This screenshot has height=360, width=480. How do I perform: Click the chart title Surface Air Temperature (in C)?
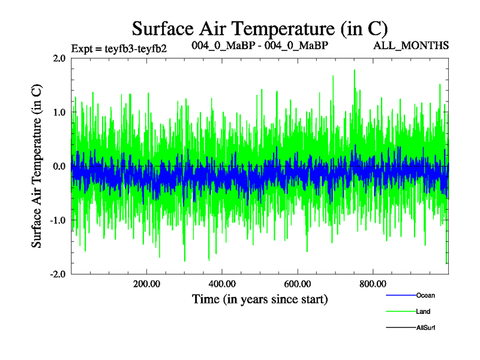pos(260,28)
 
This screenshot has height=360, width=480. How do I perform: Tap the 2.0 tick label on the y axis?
pos(59,58)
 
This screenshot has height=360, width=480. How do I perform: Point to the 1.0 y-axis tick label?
pos(59,112)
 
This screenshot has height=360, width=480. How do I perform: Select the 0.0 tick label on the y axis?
pos(59,166)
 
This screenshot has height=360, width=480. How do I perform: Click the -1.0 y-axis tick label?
pos(58,220)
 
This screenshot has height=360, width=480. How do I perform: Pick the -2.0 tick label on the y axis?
pos(58,274)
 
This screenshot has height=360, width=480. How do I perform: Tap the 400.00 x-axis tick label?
pos(222,284)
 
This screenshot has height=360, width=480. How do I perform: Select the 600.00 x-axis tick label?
pos(298,284)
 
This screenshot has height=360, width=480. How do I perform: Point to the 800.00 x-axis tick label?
pos(373,284)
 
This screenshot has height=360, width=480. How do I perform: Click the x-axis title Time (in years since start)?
pos(260,298)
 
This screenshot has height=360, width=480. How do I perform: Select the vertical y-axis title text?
pos(37,166)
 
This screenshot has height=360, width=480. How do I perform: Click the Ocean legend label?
pos(425,295)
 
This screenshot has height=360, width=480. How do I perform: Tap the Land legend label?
pos(423,311)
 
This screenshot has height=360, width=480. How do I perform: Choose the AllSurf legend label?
pos(425,328)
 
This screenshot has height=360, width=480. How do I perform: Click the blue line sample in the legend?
pos(400,295)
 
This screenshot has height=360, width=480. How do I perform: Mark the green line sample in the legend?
pos(400,311)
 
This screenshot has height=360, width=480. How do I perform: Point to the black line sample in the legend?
pos(400,328)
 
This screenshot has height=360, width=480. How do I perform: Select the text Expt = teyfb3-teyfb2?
pos(119,48)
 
